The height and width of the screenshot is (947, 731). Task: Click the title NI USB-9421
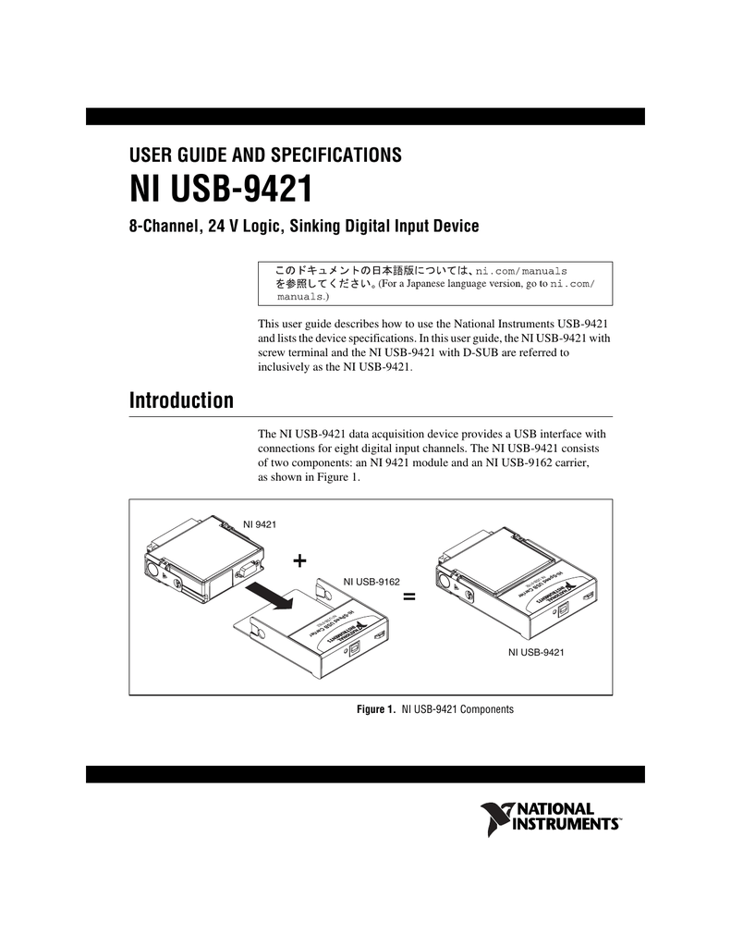click(x=219, y=191)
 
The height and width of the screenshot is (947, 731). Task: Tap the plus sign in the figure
click(x=298, y=562)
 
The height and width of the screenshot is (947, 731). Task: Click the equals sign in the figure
click(x=409, y=598)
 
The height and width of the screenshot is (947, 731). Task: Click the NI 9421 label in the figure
click(x=259, y=524)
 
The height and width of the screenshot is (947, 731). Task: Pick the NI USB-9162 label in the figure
click(x=372, y=581)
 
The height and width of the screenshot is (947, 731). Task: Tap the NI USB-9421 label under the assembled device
click(x=536, y=653)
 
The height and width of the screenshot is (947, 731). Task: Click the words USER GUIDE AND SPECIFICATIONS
click(x=263, y=154)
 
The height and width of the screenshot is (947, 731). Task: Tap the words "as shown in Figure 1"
click(x=307, y=477)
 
